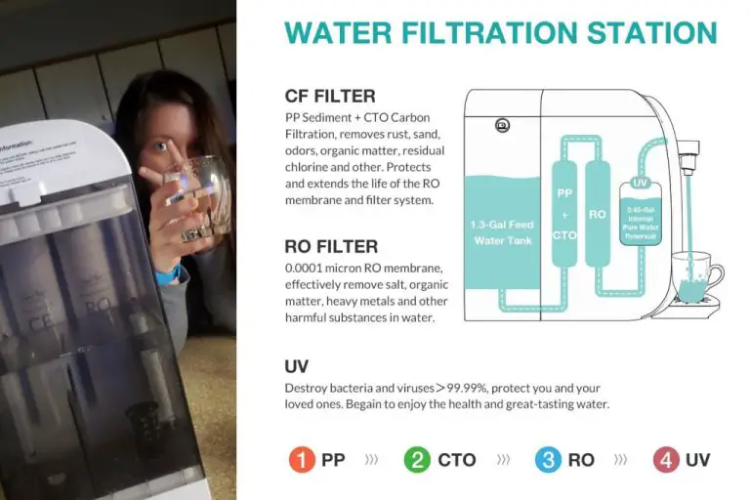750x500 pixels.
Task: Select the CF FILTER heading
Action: (330, 96)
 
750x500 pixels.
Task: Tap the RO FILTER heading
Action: (331, 247)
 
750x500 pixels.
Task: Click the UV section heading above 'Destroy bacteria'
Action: (297, 366)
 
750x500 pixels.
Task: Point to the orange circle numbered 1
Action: (303, 459)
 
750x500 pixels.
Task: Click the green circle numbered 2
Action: (417, 459)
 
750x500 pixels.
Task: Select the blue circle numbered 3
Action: (549, 459)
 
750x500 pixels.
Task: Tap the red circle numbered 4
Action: (666, 459)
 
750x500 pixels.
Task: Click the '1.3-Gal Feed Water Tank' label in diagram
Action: (502, 231)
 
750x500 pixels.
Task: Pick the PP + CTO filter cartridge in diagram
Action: (565, 214)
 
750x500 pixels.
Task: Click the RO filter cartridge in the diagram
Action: (598, 214)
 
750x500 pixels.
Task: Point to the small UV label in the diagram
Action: (640, 183)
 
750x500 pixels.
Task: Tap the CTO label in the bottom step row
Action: (457, 459)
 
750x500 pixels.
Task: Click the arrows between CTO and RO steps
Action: (503, 459)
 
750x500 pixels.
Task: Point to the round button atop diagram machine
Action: (503, 124)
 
